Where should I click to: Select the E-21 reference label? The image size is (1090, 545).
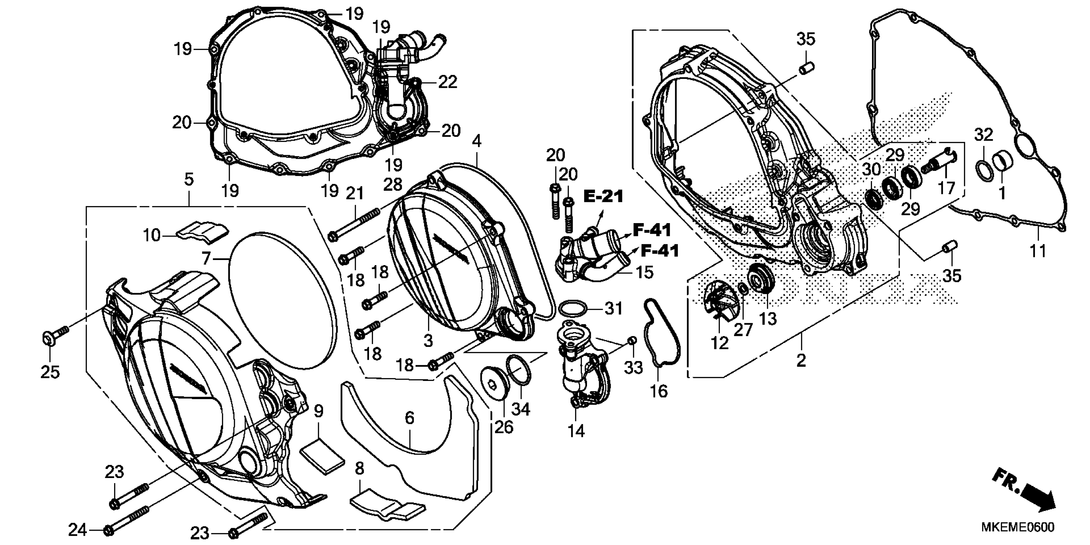pyautogui.click(x=604, y=196)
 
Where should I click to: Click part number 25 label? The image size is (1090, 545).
pyautogui.click(x=50, y=372)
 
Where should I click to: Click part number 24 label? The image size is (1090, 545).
pyautogui.click(x=78, y=530)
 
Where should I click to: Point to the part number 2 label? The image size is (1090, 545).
pyautogui.click(x=801, y=361)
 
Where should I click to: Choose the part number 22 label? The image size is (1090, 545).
pyautogui.click(x=448, y=82)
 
